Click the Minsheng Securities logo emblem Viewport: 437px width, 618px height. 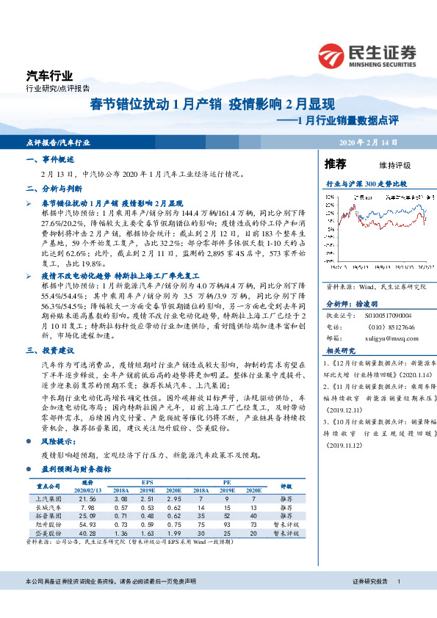(331, 54)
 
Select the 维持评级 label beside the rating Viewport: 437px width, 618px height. (394, 164)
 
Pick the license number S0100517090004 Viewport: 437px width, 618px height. (383, 315)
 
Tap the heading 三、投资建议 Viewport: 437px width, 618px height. (49, 330)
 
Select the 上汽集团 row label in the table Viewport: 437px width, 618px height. (46, 498)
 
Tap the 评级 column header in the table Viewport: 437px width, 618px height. (287, 486)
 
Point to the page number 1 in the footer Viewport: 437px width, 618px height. (397, 581)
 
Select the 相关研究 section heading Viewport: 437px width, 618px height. (339, 351)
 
